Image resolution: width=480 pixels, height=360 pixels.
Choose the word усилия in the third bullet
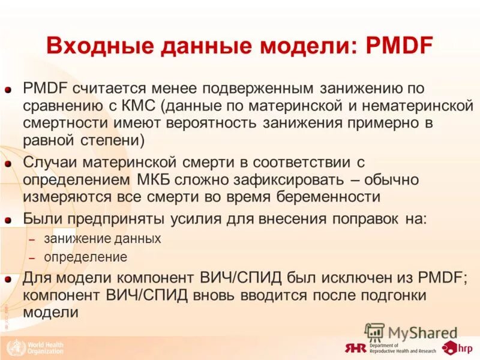click(x=189, y=219)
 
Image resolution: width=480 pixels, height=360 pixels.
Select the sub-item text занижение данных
click(x=102, y=238)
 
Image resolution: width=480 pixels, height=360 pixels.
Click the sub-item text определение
click(x=85, y=257)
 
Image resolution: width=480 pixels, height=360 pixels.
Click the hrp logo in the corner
click(x=456, y=347)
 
